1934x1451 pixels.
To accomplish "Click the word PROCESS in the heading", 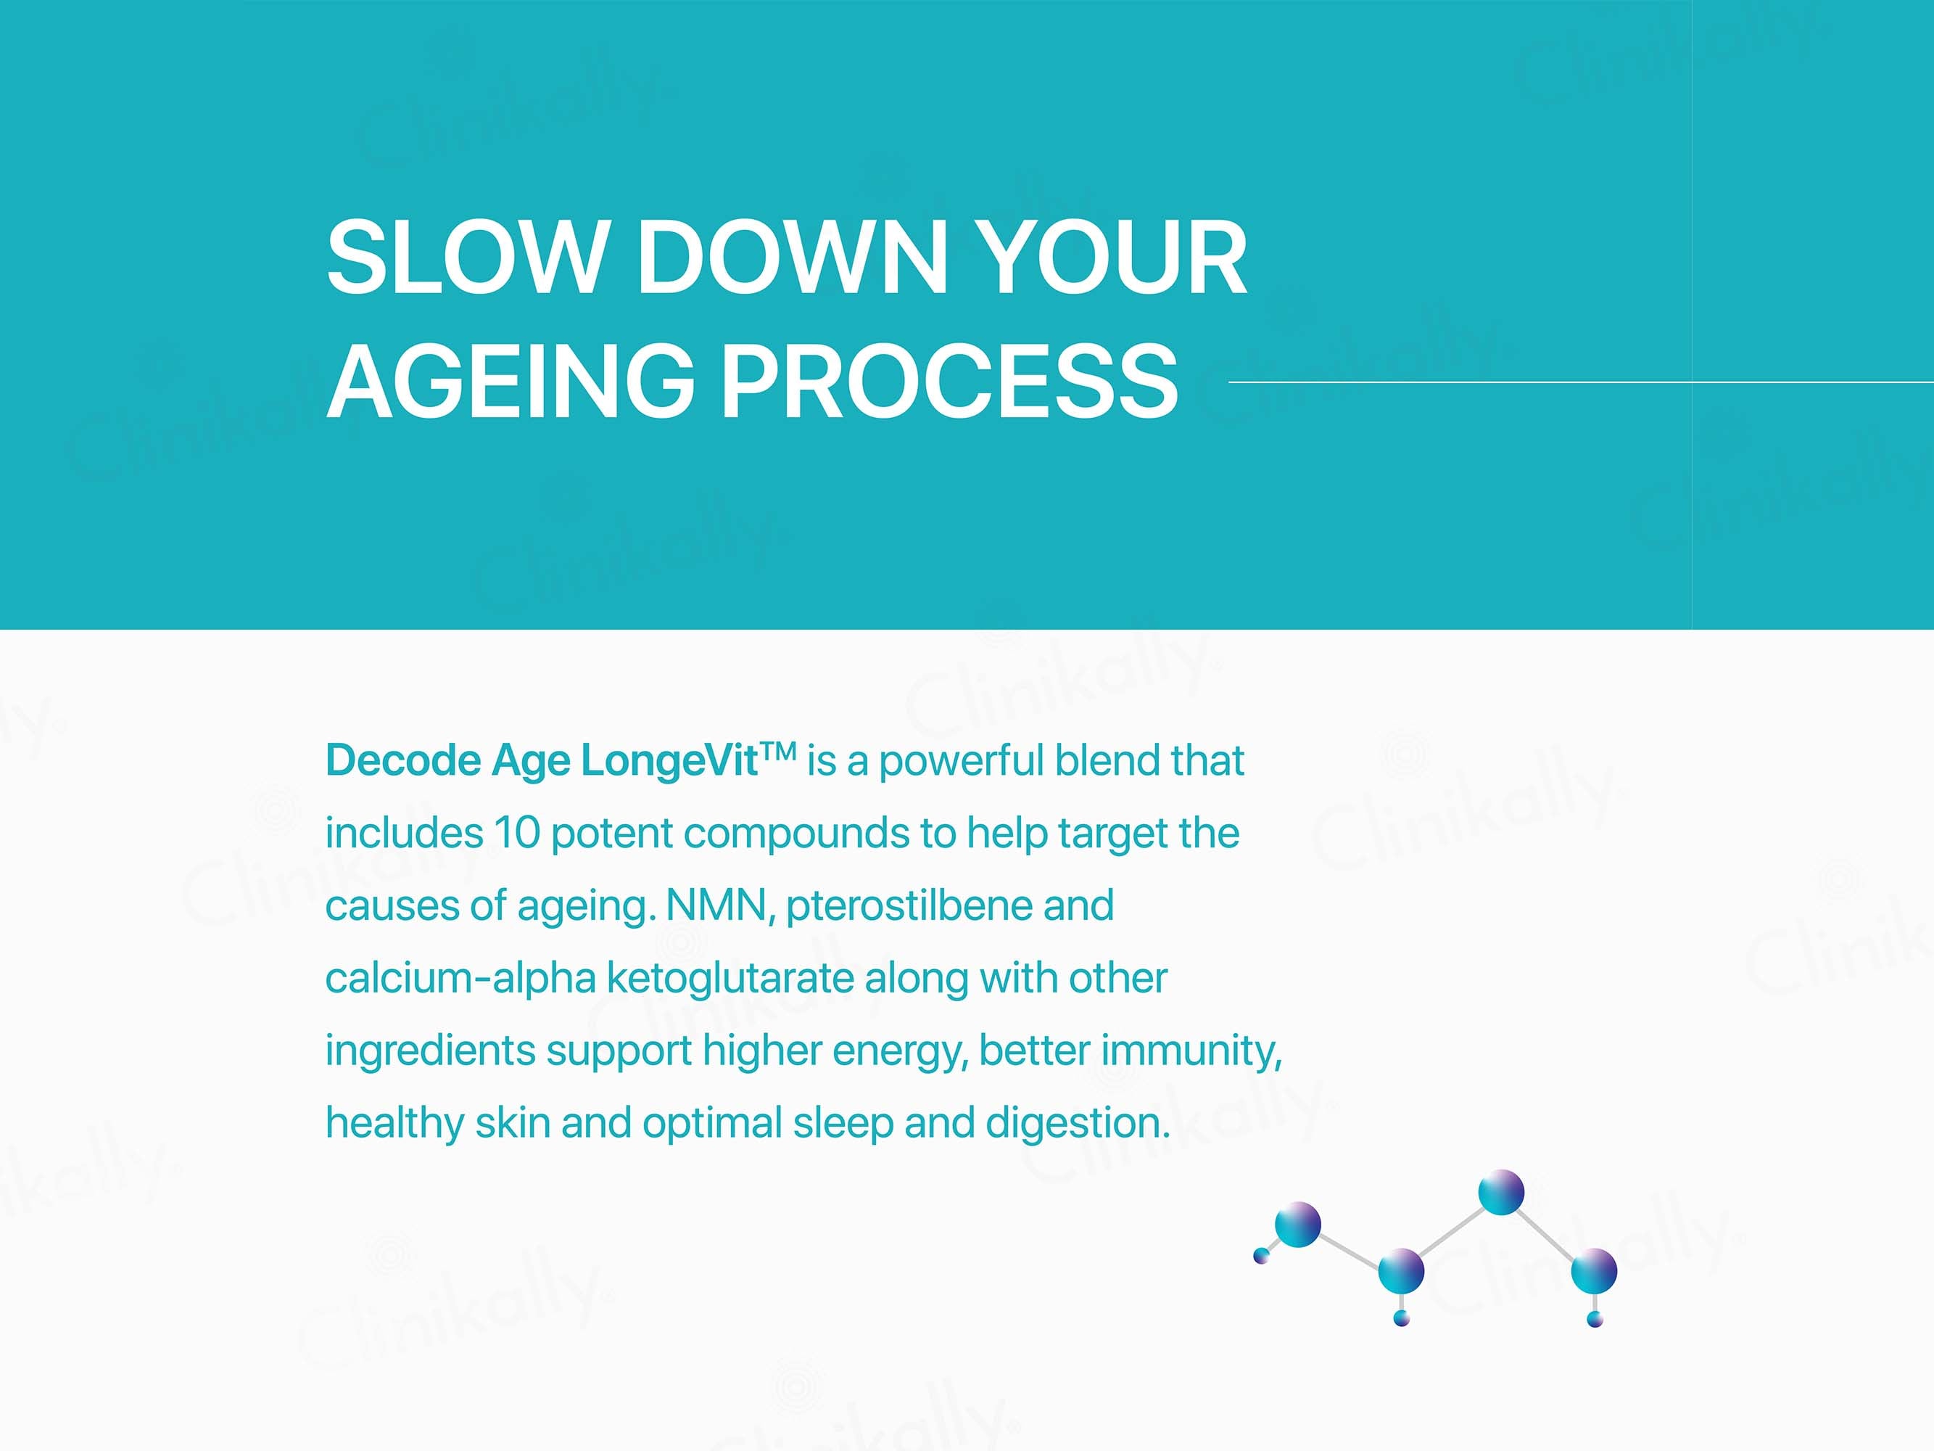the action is click(x=951, y=382).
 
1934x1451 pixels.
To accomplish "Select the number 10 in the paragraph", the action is click(x=518, y=833).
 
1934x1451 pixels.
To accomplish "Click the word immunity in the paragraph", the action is click(x=1191, y=1051).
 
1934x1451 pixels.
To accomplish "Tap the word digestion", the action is click(x=1078, y=1124).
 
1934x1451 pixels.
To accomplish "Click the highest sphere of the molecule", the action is click(x=1501, y=1192).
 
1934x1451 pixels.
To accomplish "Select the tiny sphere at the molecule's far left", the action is click(x=1261, y=1256).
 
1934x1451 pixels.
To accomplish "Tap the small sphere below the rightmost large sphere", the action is click(x=1595, y=1320).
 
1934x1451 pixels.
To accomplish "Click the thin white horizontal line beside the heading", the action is click(x=1581, y=382).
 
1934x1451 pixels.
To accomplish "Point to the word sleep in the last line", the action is click(x=843, y=1124).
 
